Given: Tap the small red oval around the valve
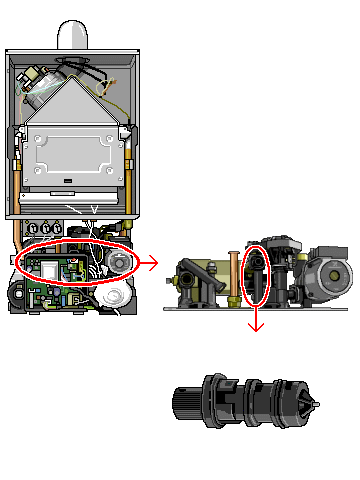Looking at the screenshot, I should coord(256,275).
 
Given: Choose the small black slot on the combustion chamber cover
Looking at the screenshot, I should coord(62,185).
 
